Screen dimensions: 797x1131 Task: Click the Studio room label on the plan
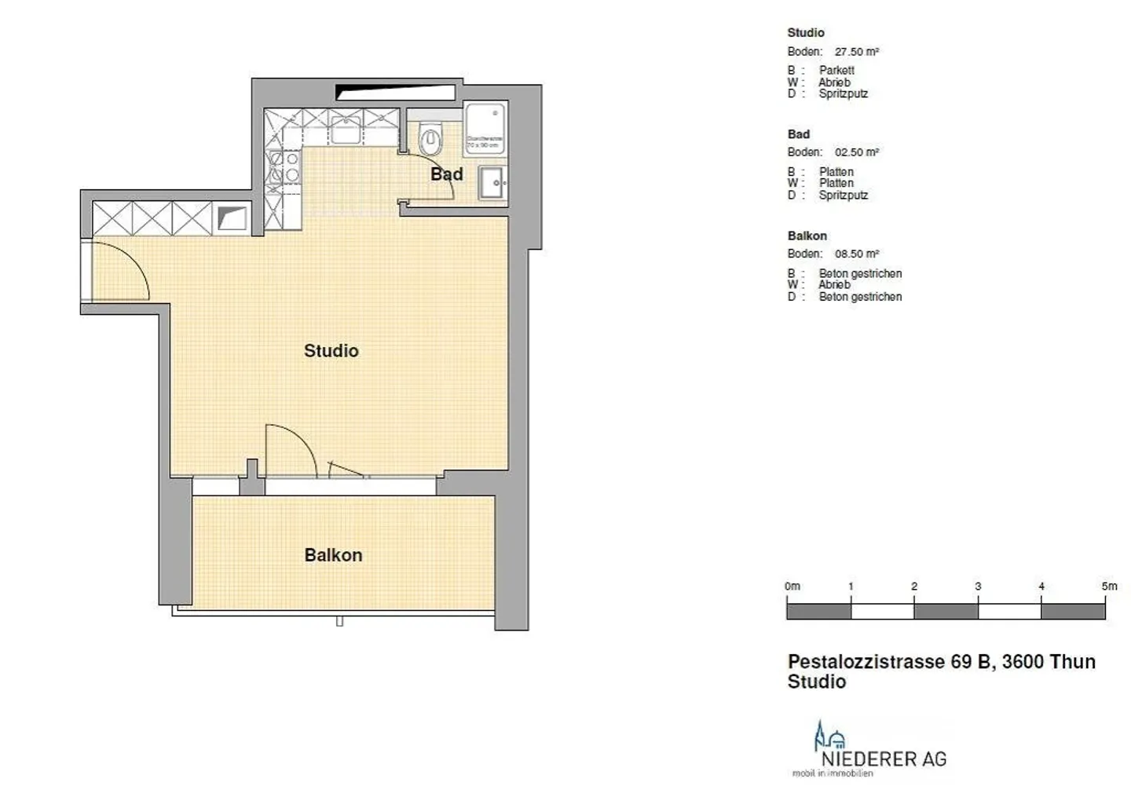(x=331, y=351)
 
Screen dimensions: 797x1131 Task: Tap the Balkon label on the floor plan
(x=333, y=555)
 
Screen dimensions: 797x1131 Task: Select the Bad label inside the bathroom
(x=446, y=174)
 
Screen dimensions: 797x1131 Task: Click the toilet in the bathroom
(x=430, y=141)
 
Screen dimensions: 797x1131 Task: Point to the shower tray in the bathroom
(x=485, y=126)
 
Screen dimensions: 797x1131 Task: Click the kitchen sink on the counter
(x=345, y=129)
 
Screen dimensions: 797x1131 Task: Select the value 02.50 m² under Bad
(x=856, y=152)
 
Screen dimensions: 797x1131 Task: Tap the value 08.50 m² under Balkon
(x=856, y=254)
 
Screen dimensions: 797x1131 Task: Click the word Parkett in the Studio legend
(x=836, y=71)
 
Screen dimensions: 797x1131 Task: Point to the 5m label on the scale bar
(x=1108, y=587)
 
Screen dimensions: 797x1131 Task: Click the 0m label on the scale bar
(x=792, y=587)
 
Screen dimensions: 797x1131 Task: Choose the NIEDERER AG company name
(x=884, y=759)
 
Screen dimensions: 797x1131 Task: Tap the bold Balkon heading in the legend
(x=807, y=236)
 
